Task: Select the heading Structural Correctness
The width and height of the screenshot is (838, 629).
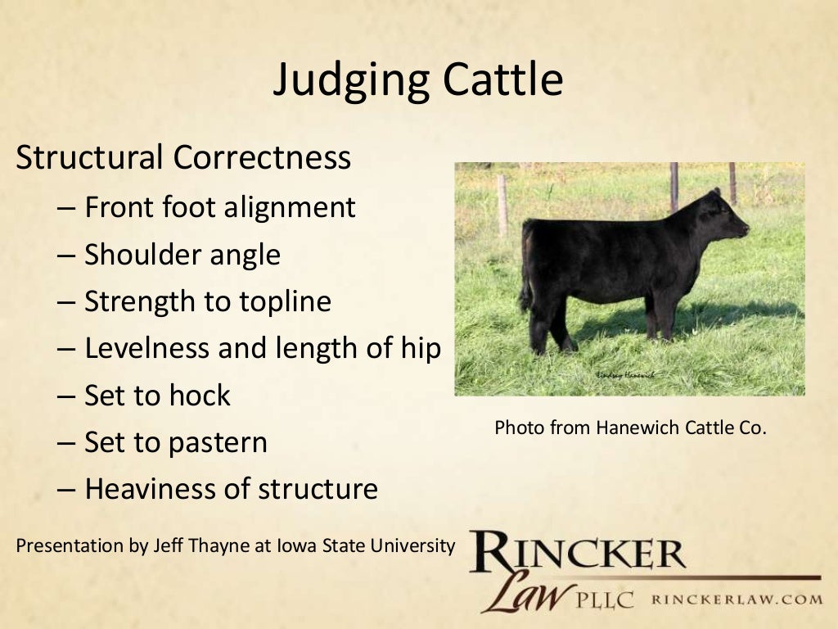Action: click(183, 157)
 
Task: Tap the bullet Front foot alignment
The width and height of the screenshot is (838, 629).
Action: click(219, 207)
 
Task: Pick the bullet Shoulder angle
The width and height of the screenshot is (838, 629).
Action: click(182, 255)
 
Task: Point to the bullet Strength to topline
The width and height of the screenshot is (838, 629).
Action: click(207, 301)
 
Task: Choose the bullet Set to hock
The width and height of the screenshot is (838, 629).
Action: click(157, 396)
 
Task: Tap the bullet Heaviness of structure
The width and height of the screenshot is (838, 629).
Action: click(231, 490)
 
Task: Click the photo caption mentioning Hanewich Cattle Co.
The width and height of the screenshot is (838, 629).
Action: click(630, 428)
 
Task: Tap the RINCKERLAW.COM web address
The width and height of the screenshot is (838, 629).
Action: click(737, 600)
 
